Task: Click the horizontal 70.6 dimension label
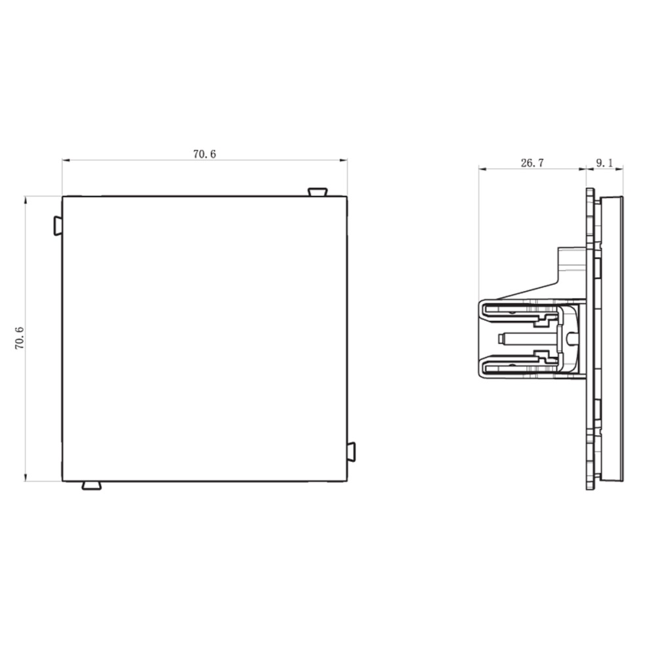[x=204, y=154]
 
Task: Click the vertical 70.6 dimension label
[x=20, y=338]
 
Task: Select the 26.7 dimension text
[x=532, y=163]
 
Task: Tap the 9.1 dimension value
[x=604, y=163]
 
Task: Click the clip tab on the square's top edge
[x=317, y=192]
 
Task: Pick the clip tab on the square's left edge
[x=58, y=226]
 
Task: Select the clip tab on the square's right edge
[x=351, y=452]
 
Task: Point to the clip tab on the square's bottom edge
[x=91, y=486]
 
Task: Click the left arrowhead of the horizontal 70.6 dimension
[x=66, y=160]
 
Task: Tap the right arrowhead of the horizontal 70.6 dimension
[x=344, y=160]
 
